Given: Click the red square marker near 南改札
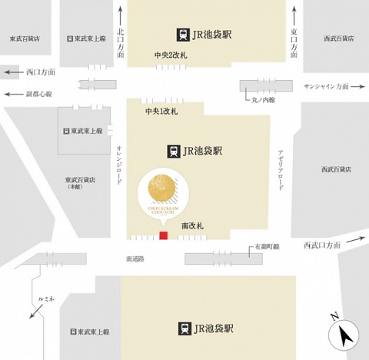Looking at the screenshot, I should (162, 235).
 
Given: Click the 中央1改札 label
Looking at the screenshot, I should (162, 112).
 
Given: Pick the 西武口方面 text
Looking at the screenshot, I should (322, 245).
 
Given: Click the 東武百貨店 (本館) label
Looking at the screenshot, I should (80, 182).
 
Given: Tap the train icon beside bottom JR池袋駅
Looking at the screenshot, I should (185, 328).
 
